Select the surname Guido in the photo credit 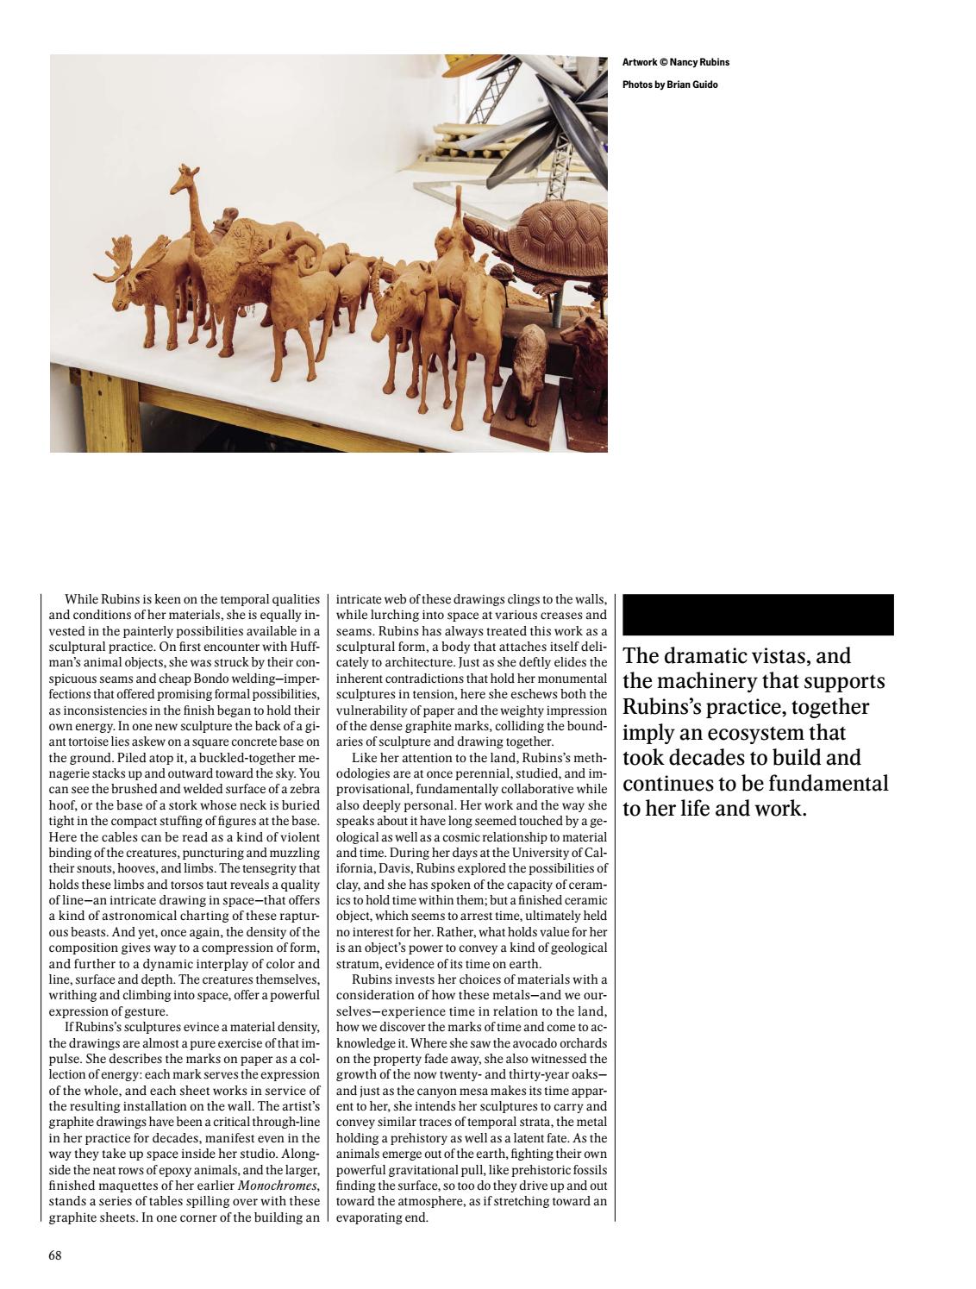(x=704, y=84)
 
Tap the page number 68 (x=55, y=1255)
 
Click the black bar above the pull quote (x=757, y=615)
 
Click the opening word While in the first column (x=82, y=599)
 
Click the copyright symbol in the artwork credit (x=663, y=62)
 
